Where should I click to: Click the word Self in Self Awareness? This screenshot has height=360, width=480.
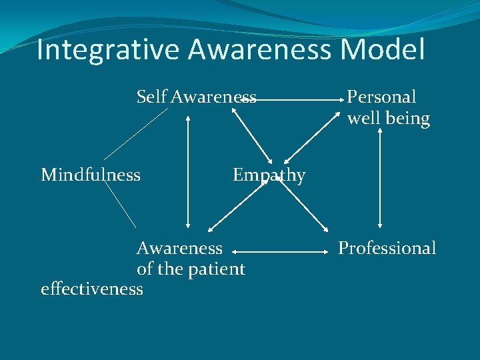pyautogui.click(x=151, y=97)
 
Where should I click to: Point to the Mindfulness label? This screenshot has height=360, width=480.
pyautogui.click(x=91, y=175)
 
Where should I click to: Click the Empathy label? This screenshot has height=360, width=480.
pyautogui.click(x=269, y=175)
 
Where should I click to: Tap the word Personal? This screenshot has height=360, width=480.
pyautogui.click(x=381, y=97)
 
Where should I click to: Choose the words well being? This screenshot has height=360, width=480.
pyautogui.click(x=388, y=119)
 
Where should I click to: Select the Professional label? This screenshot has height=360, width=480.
pyautogui.click(x=387, y=248)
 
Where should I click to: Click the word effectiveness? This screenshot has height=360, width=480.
pyautogui.click(x=92, y=289)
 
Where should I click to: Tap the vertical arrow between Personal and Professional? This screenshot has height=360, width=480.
pyautogui.click(x=380, y=179)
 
